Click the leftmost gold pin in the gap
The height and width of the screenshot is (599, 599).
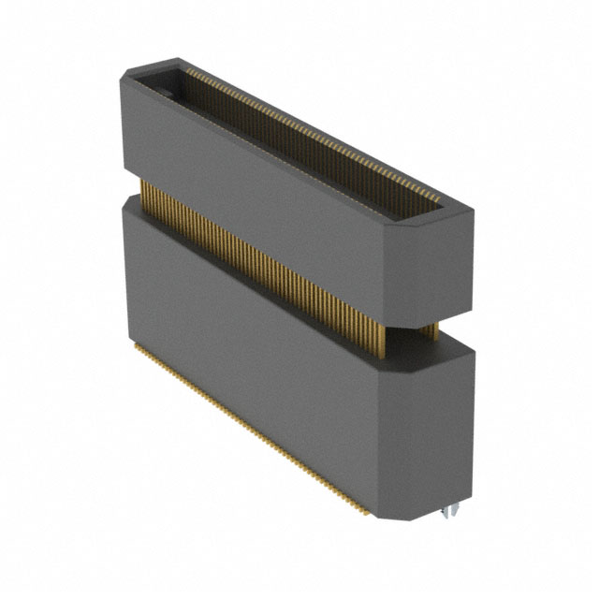coord(143,192)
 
